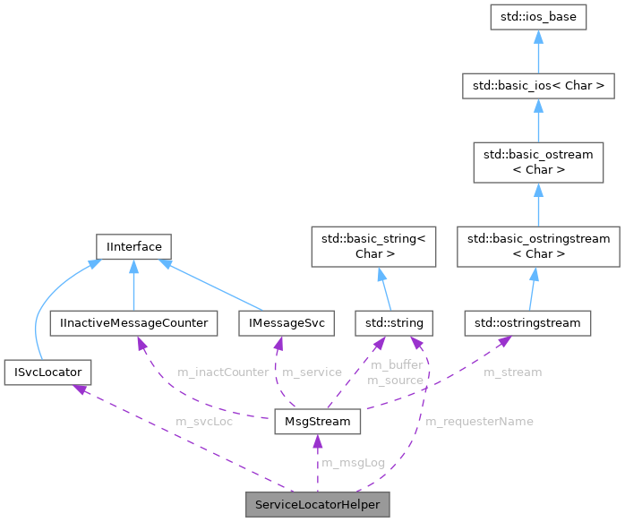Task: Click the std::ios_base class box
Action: (537, 17)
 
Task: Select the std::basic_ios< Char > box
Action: (537, 87)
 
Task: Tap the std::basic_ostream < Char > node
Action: (537, 162)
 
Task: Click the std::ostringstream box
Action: (528, 321)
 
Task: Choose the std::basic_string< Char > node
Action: (372, 246)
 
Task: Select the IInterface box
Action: (133, 245)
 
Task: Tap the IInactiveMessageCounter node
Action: (133, 321)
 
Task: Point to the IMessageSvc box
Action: (279, 321)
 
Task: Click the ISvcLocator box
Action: (47, 368)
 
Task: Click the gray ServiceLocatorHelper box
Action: (317, 505)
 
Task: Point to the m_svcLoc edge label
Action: (204, 421)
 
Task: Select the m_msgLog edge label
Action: (353, 463)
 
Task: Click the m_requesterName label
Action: (479, 421)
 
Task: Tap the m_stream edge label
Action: (512, 371)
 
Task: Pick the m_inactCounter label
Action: (224, 371)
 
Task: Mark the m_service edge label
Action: (312, 371)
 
